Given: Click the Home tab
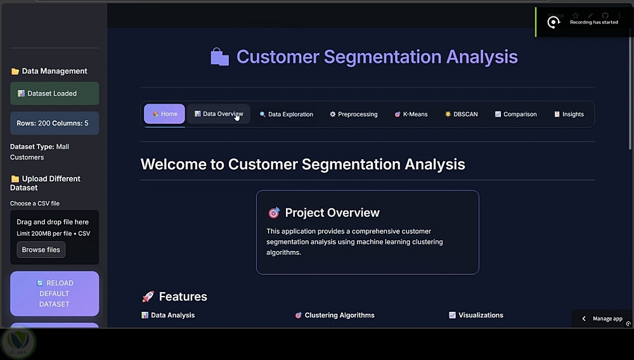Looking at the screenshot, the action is pos(164,114).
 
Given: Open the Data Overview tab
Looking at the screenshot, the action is pos(218,114).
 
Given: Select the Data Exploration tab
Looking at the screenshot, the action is pos(287,114).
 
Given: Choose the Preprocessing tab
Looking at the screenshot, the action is pos(353,114).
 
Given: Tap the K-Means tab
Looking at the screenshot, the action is pos(411,114).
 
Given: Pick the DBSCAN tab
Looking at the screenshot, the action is pos(462,114).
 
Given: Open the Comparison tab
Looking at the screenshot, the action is pos(515,114).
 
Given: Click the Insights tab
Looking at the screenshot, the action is pos(569,114).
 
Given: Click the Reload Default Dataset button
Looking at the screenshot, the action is pos(55,293).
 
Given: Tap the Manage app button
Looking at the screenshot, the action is pos(602,318).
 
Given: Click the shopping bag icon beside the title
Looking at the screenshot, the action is pos(219,56).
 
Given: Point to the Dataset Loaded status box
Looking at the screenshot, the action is pos(55,93).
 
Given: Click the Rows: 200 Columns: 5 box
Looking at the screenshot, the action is pos(55,123).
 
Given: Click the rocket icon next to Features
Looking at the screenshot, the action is pos(148,297).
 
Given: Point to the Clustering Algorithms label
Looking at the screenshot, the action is pos(339,315).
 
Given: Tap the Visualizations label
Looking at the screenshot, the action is pos(481,315).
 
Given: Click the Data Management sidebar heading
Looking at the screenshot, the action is pos(49,71).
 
